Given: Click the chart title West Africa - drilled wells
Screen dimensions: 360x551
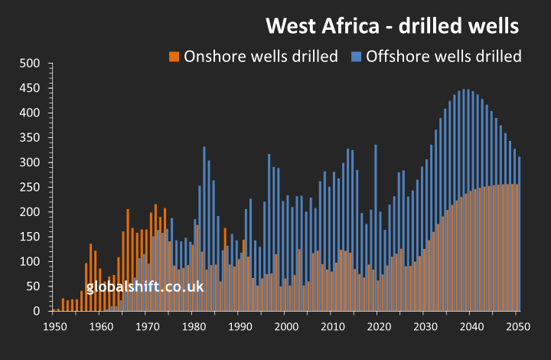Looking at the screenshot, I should point(393,25).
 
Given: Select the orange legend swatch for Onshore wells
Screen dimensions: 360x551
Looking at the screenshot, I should point(174,56).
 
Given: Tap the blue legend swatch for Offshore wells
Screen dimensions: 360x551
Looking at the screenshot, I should point(356,56).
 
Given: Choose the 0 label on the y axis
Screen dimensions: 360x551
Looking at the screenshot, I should point(35,311).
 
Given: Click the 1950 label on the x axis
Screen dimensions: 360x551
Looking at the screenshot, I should point(54,326).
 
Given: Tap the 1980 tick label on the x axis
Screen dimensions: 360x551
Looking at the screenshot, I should point(194,326).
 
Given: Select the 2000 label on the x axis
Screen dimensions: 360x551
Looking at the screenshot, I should point(286,326).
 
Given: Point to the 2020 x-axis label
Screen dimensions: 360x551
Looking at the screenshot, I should point(379,326).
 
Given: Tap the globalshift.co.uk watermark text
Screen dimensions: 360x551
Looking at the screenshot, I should point(145,287).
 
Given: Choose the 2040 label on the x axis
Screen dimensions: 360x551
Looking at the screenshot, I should point(471,326).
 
